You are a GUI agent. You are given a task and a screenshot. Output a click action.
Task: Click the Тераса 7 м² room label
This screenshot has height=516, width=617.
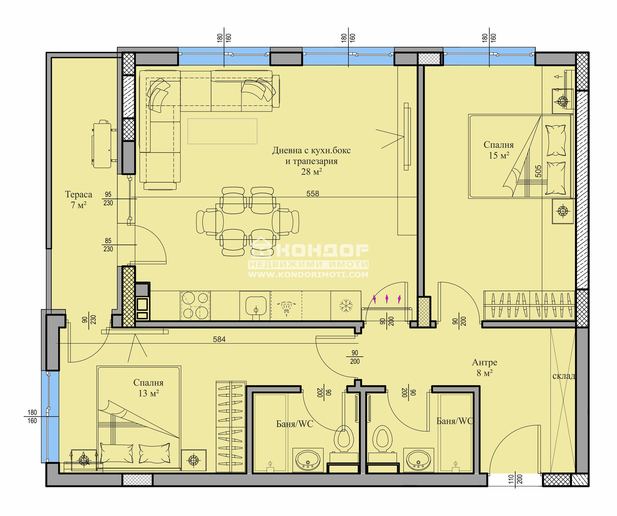(79, 200)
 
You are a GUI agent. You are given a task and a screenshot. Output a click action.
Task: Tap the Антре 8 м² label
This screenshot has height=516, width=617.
(485, 367)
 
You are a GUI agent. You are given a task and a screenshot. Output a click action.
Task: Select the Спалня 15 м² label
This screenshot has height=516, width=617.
(499, 150)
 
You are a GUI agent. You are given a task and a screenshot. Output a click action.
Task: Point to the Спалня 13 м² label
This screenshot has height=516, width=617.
(148, 388)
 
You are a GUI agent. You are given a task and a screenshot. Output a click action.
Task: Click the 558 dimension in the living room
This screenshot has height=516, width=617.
(313, 193)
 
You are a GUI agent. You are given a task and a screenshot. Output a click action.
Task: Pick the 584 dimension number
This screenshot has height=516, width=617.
(219, 339)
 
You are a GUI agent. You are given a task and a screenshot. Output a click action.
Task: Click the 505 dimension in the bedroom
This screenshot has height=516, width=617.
(538, 171)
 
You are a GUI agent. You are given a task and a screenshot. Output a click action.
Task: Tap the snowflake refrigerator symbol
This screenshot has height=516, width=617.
(346, 306)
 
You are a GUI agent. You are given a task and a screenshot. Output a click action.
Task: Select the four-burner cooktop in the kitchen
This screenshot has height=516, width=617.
(196, 306)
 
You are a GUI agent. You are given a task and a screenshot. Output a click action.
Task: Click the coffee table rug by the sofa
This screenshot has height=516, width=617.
(222, 131)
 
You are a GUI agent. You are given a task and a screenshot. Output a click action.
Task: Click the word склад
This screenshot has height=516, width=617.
(563, 376)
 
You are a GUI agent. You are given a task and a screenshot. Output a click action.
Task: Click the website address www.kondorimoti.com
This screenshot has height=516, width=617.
(308, 275)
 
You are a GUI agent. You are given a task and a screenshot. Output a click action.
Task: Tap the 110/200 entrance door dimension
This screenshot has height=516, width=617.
(515, 479)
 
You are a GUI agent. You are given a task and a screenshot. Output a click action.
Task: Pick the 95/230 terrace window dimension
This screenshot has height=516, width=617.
(108, 199)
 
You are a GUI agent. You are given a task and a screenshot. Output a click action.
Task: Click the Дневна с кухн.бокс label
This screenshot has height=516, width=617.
(312, 150)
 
